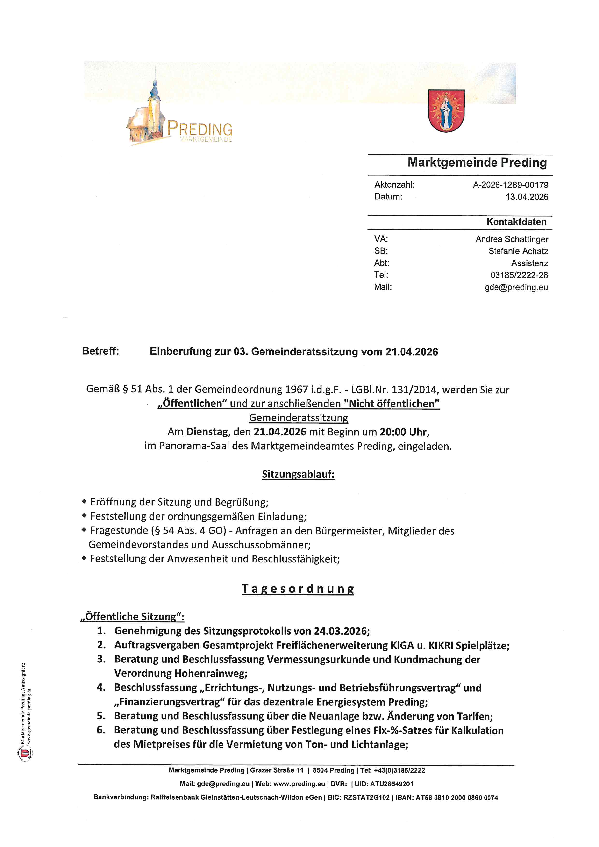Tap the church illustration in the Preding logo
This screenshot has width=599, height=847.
point(148,114)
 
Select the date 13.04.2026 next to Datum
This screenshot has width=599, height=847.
point(527,197)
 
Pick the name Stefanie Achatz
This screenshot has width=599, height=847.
point(518,251)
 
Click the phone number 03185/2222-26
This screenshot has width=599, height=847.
point(519,275)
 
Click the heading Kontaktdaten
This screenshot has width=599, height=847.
point(516,222)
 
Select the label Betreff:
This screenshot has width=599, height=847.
point(100,351)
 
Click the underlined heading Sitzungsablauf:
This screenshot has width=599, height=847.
point(298,474)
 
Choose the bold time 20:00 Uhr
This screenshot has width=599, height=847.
point(404,432)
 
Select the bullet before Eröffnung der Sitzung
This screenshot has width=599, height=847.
point(84,502)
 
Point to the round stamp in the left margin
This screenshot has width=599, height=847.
point(25,753)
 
